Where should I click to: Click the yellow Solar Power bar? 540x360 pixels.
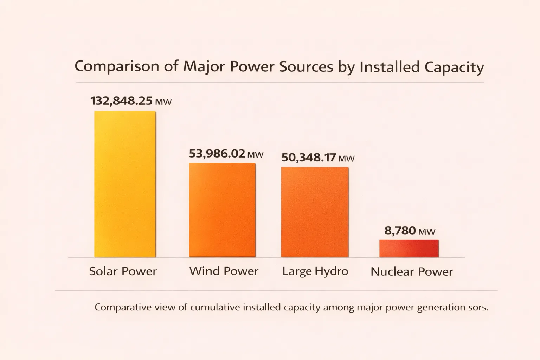(x=125, y=184)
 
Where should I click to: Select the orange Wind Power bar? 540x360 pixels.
(x=222, y=210)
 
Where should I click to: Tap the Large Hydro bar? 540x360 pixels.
(x=315, y=212)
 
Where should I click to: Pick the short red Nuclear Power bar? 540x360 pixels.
(x=409, y=248)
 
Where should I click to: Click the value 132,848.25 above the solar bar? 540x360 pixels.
(x=121, y=101)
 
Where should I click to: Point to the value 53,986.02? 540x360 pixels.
(x=217, y=154)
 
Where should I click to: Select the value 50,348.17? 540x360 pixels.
(x=309, y=157)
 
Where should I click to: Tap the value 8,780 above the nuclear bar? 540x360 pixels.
(x=400, y=231)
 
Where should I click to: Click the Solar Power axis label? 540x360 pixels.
(x=123, y=271)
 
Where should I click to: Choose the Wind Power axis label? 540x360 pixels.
(x=224, y=271)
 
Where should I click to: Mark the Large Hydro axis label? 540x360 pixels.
(x=315, y=271)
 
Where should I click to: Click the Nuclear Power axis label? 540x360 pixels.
(x=412, y=272)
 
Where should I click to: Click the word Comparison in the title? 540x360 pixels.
(x=117, y=66)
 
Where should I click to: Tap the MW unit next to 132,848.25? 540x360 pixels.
(x=163, y=102)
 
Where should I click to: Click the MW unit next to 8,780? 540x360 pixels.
(x=427, y=232)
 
